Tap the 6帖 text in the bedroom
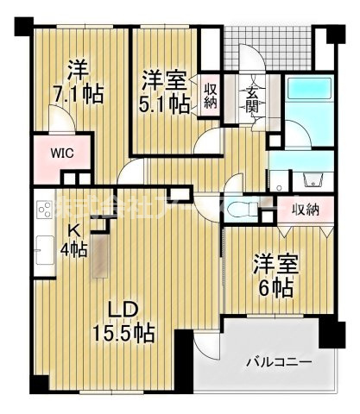click(x=275, y=286)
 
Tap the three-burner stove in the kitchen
click(x=45, y=211)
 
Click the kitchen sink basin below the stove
click(x=45, y=245)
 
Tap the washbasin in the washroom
click(x=312, y=180)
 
